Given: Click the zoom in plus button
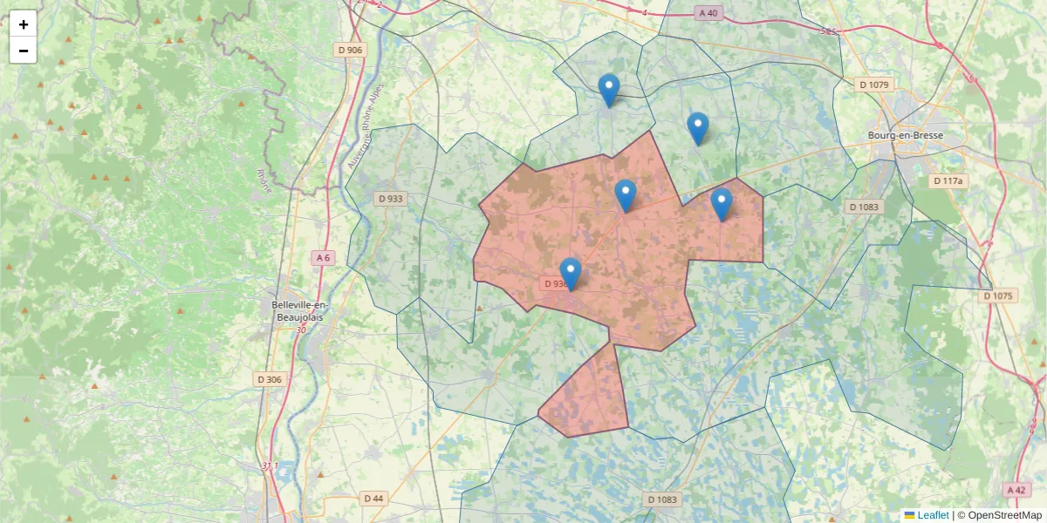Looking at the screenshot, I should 24,24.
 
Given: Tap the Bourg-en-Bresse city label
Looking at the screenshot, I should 905,135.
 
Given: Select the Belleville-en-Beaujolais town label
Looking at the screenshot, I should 298,310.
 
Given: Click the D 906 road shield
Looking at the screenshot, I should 350,50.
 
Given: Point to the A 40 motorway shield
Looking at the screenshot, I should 708,13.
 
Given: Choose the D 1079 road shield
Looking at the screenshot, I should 873,85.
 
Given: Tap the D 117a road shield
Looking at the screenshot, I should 948,181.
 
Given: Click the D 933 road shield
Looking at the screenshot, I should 390,199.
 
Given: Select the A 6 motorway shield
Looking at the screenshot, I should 323,257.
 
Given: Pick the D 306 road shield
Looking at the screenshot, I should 270,379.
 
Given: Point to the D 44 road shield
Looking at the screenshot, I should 373,499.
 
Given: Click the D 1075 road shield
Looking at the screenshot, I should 997,295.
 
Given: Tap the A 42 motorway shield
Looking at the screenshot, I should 1016,490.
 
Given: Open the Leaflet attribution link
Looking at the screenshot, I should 932,515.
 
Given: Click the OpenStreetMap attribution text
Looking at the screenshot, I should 1004,515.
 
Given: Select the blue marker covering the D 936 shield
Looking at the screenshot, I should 570,274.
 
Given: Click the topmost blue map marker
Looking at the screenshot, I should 609,90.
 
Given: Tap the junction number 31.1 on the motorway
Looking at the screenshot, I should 270,466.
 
